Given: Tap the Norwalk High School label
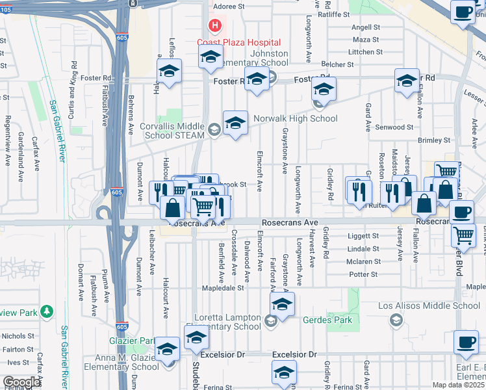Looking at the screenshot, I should tap(296, 119).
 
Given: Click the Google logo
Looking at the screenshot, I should tap(21, 382).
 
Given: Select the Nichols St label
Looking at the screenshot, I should tap(18, 336).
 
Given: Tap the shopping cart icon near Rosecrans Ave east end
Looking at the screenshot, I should tap(463, 235).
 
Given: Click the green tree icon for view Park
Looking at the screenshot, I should tap(46, 312).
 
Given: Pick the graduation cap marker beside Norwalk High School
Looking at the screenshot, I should tap(235, 123).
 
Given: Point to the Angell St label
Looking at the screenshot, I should tap(365, 27).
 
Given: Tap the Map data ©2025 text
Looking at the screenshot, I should tap(457, 385).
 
